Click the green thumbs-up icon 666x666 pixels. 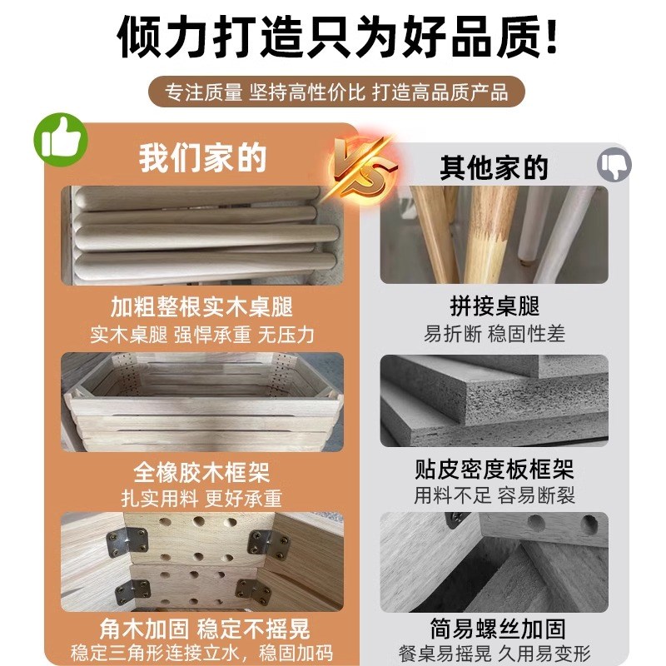click(60, 139)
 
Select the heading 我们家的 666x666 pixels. click(202, 157)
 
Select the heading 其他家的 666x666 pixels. click(494, 166)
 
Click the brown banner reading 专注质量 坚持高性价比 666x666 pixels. click(334, 92)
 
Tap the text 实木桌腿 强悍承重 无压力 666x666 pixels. click(202, 333)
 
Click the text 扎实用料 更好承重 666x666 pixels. click(202, 499)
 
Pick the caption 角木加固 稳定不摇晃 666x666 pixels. click(202, 627)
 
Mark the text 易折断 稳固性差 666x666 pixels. click(494, 334)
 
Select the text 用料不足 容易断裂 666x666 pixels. click(494, 496)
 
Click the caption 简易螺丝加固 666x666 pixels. click(494, 627)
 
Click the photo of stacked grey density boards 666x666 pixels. click(494, 402)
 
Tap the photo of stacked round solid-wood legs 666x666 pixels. click(202, 236)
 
